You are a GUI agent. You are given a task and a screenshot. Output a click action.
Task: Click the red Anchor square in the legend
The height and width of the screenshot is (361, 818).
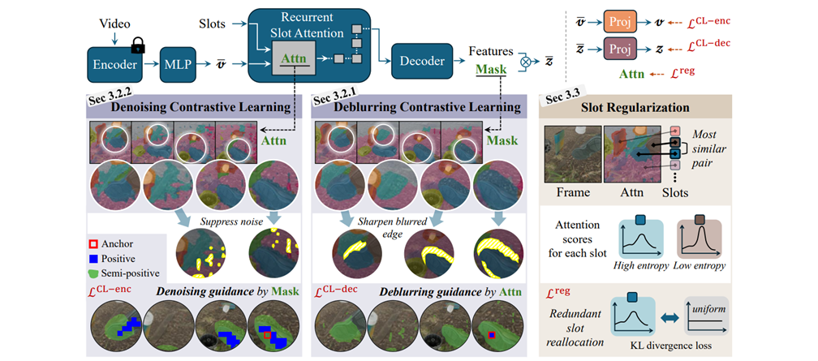[x=93, y=243]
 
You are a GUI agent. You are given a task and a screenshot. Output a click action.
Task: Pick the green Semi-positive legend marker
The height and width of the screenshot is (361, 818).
[x=93, y=273]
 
